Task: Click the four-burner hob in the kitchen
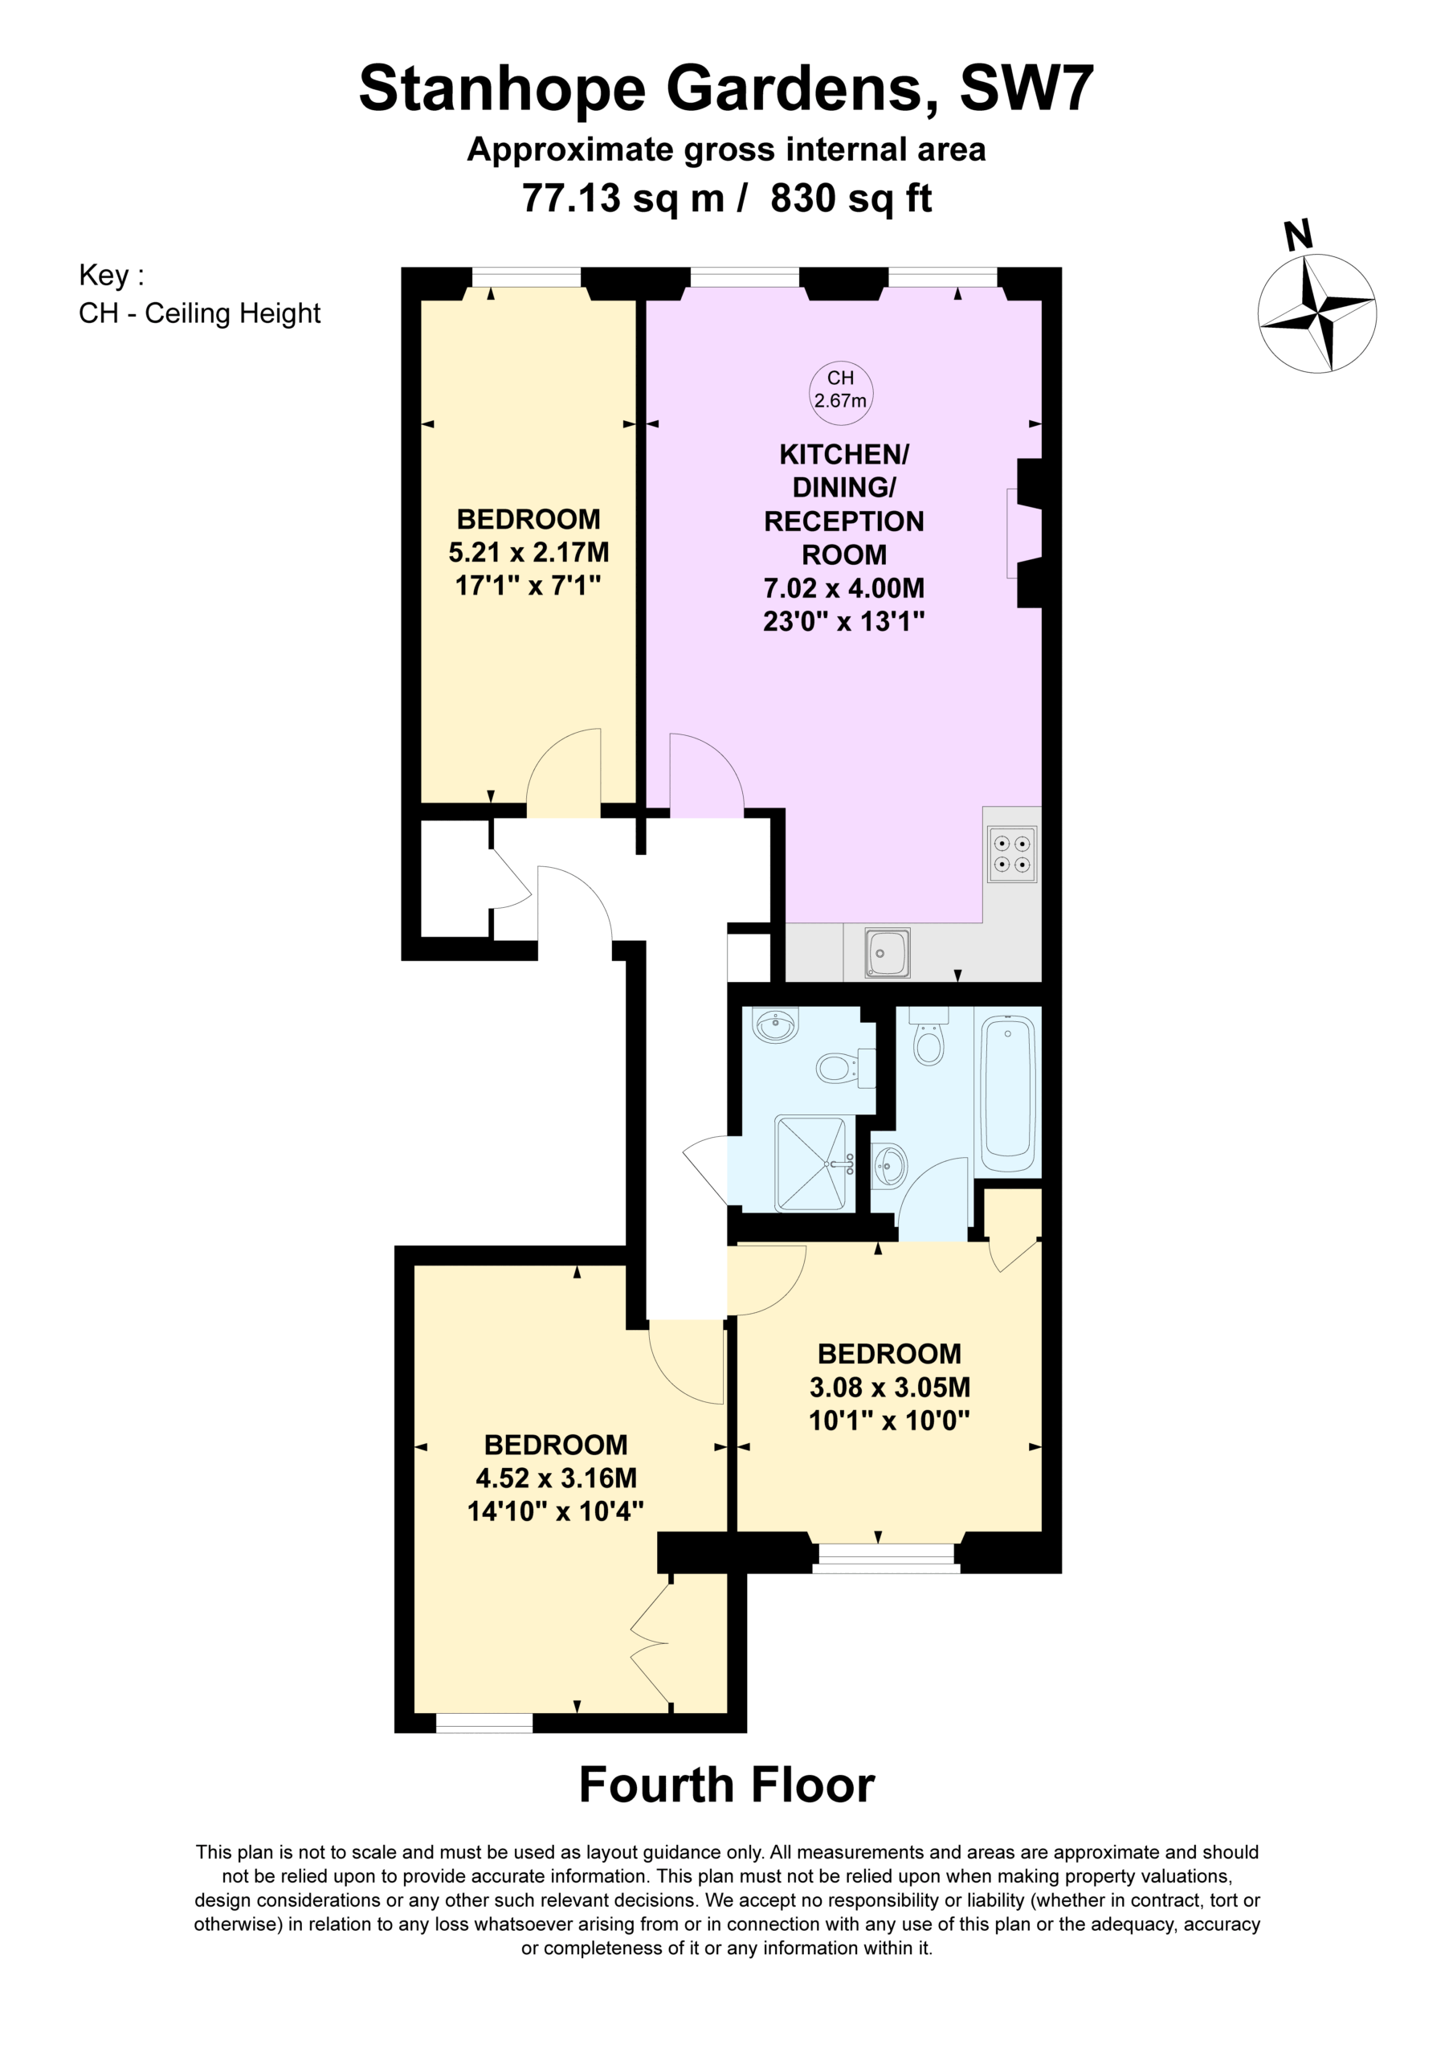[x=1012, y=854]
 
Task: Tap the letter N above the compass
[x=1298, y=235]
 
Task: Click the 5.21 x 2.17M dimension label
[x=529, y=552]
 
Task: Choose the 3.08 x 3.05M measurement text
[x=889, y=1387]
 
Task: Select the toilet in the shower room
[x=845, y=1067]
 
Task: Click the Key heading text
[x=111, y=275]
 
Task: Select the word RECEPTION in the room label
[x=844, y=521]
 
